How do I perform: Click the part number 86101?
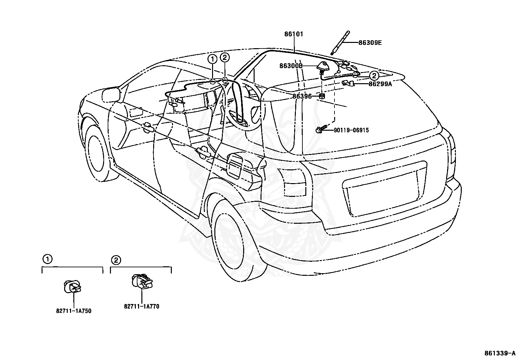click(294, 34)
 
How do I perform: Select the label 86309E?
click(370, 43)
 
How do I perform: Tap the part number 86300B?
click(291, 66)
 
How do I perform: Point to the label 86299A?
click(380, 84)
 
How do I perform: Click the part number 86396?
click(302, 96)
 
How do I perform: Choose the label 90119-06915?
click(351, 130)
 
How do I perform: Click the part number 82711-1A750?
click(74, 311)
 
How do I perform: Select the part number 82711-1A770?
click(142, 307)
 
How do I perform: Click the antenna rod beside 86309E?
click(340, 43)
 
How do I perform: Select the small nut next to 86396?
click(322, 96)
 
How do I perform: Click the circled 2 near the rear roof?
click(374, 76)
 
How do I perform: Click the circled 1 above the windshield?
click(212, 59)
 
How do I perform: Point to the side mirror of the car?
click(111, 95)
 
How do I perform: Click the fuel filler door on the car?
click(235, 165)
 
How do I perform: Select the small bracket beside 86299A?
click(348, 83)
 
